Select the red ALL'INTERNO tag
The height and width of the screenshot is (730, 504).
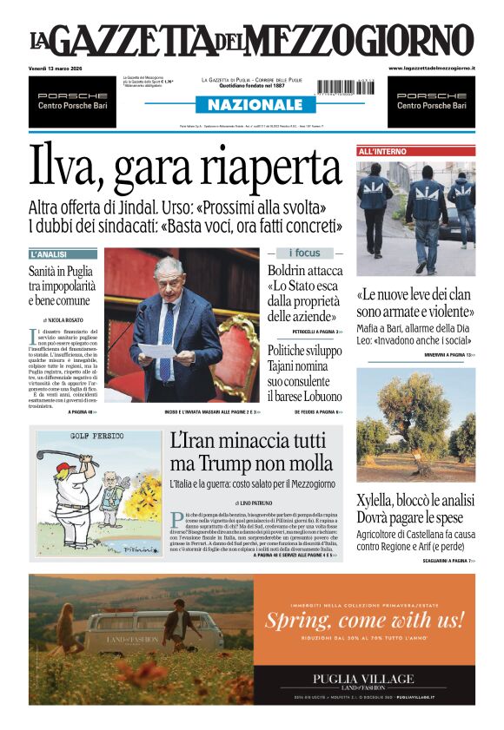[383, 151]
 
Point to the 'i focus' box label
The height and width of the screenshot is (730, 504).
[304, 253]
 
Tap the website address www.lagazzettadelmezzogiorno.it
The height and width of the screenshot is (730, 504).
[431, 68]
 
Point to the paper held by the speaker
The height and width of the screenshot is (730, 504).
[157, 351]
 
